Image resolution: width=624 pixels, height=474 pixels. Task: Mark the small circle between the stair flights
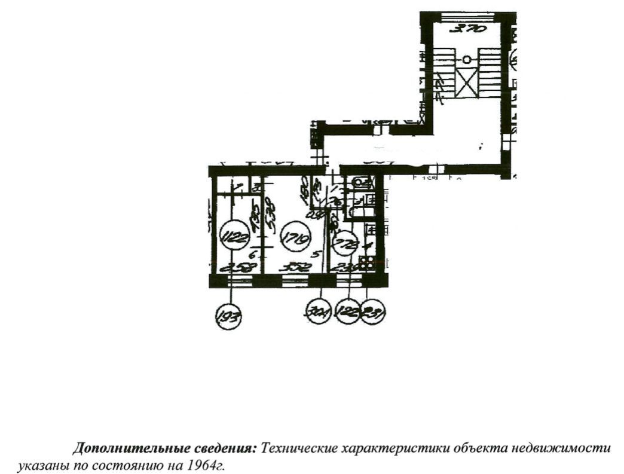click(x=467, y=59)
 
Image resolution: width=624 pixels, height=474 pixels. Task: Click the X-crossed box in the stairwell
click(x=467, y=81)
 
